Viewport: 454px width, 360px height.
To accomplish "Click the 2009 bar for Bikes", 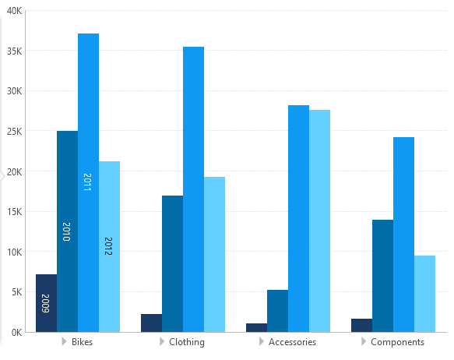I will pyautogui.click(x=46, y=303).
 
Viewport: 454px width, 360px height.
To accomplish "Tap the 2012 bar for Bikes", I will pyautogui.click(x=109, y=246).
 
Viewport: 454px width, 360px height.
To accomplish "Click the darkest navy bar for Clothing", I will pyautogui.click(x=151, y=323).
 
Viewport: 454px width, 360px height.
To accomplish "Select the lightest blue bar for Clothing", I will pyautogui.click(x=214, y=254).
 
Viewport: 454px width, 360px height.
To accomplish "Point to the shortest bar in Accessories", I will pyautogui.click(x=256, y=327).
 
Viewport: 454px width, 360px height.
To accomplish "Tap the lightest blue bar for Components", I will pyautogui.click(x=424, y=293).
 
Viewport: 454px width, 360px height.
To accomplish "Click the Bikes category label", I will pyautogui.click(x=82, y=342).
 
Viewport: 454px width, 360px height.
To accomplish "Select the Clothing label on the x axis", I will pyautogui.click(x=187, y=342).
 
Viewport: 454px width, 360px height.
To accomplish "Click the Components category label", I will pyautogui.click(x=397, y=342).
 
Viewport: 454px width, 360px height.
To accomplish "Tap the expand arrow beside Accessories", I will pyautogui.click(x=262, y=342).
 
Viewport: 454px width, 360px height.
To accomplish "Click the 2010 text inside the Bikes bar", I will pyautogui.click(x=66, y=231).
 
